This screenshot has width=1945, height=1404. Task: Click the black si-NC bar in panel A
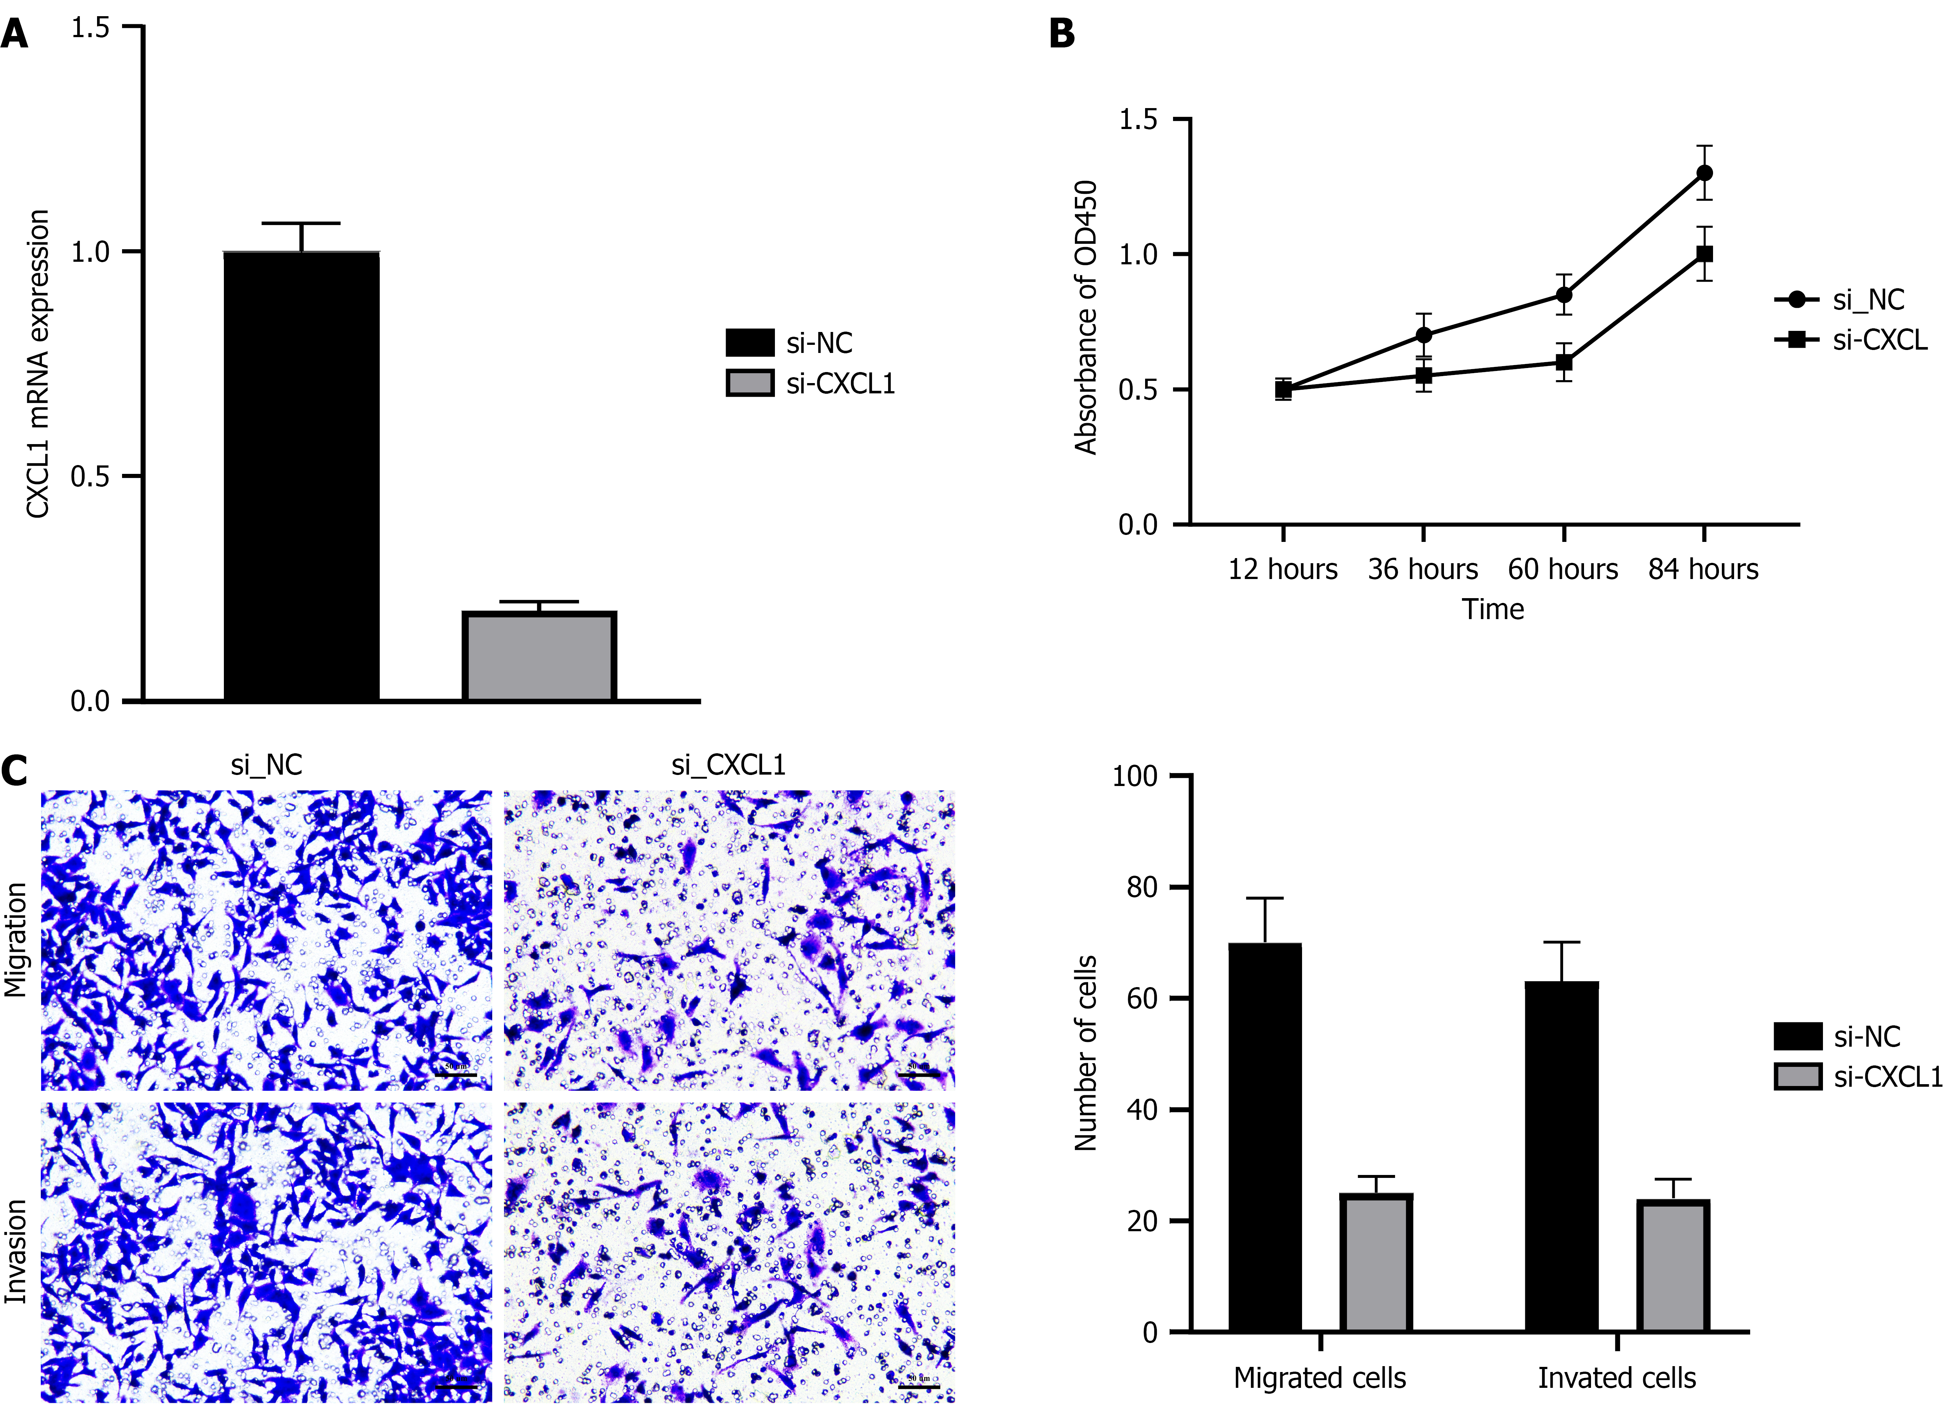coord(301,476)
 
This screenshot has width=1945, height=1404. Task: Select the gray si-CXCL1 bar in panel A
coord(539,656)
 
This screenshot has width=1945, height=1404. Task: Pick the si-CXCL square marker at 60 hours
coord(1563,362)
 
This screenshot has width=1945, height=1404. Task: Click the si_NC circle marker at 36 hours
coord(1424,335)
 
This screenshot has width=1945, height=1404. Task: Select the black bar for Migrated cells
coord(1265,1136)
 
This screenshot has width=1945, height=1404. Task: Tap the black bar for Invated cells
coord(1562,1156)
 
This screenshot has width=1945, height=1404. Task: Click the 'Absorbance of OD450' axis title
coord(1086,317)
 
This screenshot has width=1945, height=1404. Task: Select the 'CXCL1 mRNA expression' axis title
coord(38,364)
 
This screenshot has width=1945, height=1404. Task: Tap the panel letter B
coord(1062,34)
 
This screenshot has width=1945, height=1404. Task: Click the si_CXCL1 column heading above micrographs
coord(728,765)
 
